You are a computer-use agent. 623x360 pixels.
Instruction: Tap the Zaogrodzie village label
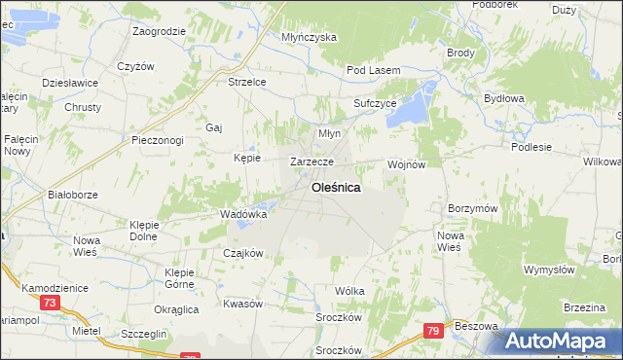pyautogui.click(x=160, y=31)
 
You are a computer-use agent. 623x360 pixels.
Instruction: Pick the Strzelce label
pyautogui.click(x=247, y=83)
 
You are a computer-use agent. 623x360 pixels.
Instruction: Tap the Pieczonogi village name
pyautogui.click(x=158, y=140)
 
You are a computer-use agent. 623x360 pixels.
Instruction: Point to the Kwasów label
pyautogui.click(x=243, y=304)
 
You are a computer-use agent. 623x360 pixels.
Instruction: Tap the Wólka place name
pyautogui.click(x=349, y=291)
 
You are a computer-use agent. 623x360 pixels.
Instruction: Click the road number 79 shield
pyautogui.click(x=433, y=333)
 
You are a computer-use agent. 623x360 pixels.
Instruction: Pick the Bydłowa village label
pyautogui.click(x=504, y=98)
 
